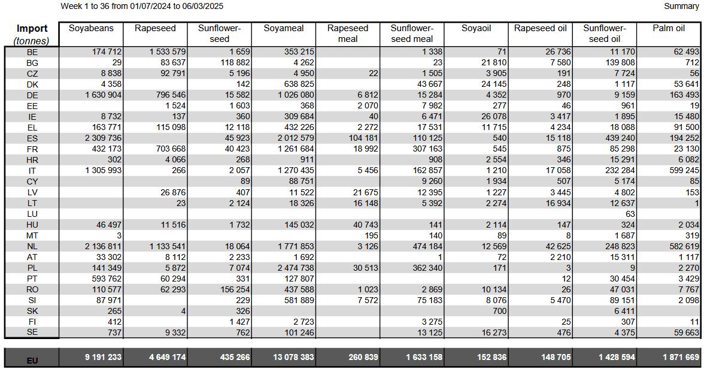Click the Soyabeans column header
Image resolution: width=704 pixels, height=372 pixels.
91,28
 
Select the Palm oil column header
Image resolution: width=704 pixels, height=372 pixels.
669,28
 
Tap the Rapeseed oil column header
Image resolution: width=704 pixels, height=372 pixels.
540,28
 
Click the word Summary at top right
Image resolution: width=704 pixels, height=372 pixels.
681,6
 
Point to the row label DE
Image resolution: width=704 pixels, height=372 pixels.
32,95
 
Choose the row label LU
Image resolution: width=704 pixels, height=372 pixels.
32,214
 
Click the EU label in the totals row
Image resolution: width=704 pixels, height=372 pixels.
32,361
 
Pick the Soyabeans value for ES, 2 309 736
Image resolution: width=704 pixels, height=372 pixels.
103,138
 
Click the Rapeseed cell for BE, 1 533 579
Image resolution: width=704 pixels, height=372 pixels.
168,52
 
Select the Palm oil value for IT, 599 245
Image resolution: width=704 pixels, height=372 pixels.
684,170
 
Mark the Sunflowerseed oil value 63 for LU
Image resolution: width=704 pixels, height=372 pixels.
630,214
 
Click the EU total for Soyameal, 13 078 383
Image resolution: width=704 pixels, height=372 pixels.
293,358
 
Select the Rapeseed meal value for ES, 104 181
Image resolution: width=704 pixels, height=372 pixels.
364,138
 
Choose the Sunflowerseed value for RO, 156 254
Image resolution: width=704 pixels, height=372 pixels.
235,289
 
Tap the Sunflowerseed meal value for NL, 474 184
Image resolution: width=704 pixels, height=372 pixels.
427,246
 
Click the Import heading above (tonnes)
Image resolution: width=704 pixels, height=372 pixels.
32,28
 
